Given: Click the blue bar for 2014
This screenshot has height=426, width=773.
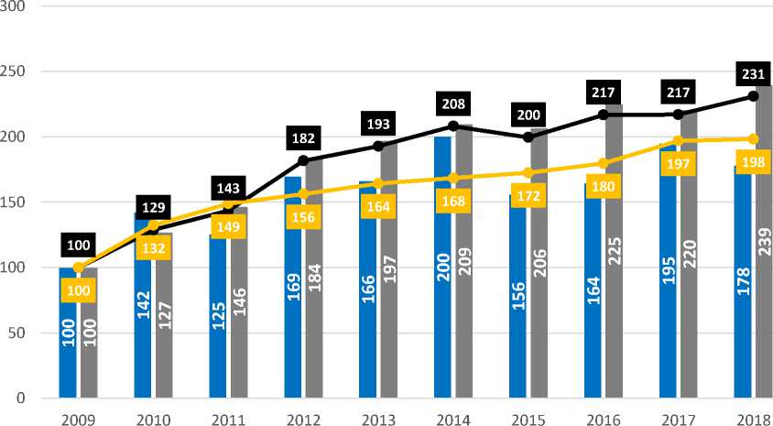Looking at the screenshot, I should [443, 275].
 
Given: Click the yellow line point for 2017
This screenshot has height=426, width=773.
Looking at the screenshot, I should [678, 141].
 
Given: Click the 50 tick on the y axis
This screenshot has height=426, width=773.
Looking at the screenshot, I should [16, 333].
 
